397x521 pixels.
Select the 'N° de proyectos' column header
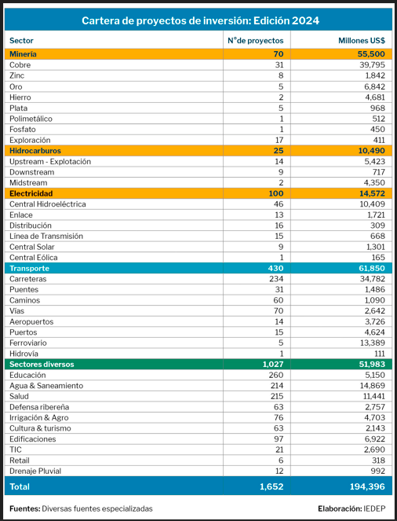[255, 41]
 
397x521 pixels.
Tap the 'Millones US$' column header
[362, 41]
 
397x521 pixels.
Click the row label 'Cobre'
[20, 64]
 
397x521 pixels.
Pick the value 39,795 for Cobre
[372, 64]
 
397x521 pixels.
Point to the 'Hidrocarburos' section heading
[35, 151]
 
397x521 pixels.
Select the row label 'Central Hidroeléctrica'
[47, 204]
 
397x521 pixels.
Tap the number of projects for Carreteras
[276, 279]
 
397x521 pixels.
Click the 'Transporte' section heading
[29, 268]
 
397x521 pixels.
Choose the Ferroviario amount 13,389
[373, 343]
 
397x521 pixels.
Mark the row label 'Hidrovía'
[24, 354]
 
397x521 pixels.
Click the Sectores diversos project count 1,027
[273, 364]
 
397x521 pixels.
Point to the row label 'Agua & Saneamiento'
[46, 385]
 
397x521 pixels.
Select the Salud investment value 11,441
[373, 396]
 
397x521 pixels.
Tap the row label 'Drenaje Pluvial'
[35, 471]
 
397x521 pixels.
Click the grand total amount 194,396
[367, 486]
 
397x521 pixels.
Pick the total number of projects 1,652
[271, 486]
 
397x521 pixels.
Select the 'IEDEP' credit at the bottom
[374, 508]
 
